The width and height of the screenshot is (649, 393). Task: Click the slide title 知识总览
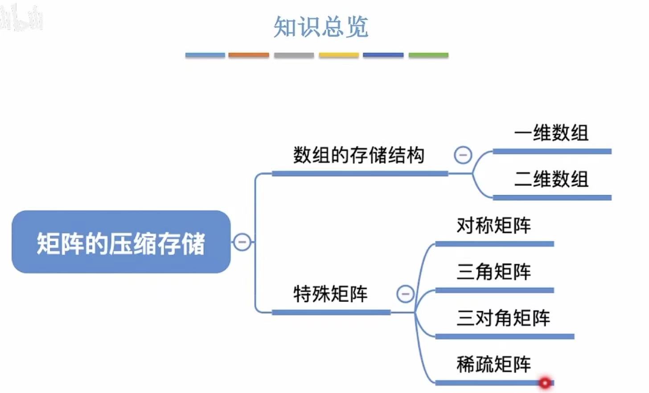(x=321, y=27)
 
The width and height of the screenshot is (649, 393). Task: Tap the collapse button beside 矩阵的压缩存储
(x=242, y=242)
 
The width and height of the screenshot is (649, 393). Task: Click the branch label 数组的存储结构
(x=358, y=155)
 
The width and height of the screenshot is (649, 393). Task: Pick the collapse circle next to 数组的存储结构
(x=463, y=155)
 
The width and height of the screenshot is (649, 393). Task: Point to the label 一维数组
(x=551, y=133)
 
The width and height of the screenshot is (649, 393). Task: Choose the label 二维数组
(x=551, y=179)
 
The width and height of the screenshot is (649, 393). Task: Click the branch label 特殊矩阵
(x=330, y=294)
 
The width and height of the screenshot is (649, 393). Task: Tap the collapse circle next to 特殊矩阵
(x=405, y=294)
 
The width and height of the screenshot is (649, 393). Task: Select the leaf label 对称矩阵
(x=493, y=225)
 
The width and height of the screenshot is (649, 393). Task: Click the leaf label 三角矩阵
(x=493, y=272)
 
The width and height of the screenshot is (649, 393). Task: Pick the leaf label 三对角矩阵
(x=503, y=318)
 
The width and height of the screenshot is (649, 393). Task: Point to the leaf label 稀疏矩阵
(x=493, y=364)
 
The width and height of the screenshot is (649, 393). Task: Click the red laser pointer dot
(x=545, y=383)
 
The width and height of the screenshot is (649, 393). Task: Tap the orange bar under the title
(x=249, y=55)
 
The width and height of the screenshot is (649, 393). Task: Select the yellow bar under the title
(x=339, y=55)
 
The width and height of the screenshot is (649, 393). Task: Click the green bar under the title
(x=428, y=55)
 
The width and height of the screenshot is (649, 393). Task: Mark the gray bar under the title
(x=294, y=55)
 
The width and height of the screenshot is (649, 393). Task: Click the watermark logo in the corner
(x=21, y=18)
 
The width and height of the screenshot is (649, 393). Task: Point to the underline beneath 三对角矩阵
(x=504, y=336)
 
